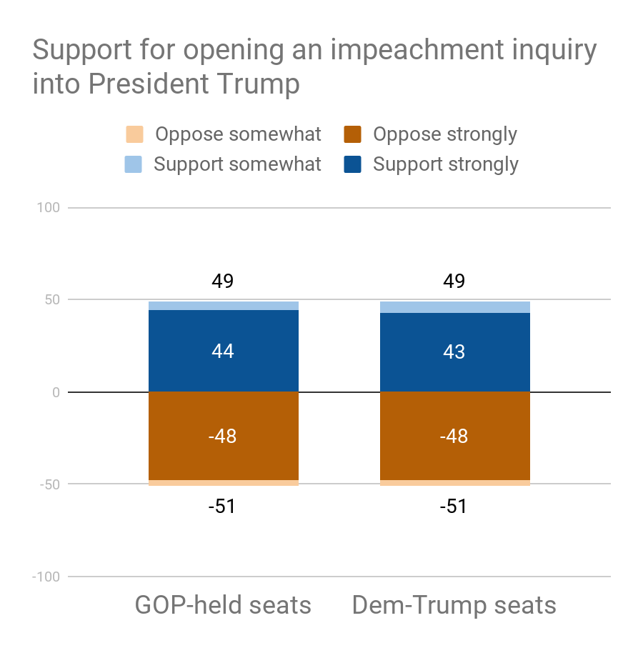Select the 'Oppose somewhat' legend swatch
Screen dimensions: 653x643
point(134,134)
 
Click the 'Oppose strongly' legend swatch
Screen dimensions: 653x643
point(353,134)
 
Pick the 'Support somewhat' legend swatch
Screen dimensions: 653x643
point(134,164)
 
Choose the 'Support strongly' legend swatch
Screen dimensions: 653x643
point(353,164)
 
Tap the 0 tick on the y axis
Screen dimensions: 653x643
point(55,392)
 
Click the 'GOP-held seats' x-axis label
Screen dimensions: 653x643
point(223,605)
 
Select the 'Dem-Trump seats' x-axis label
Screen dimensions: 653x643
point(454,605)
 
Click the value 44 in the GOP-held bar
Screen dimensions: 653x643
point(223,352)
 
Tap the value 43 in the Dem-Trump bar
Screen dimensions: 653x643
point(454,352)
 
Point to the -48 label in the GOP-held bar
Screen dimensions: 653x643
point(223,437)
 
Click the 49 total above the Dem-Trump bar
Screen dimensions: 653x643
point(454,281)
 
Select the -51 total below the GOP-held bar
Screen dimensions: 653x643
point(223,507)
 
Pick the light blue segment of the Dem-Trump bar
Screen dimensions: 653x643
point(454,307)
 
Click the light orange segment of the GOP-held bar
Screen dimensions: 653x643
point(223,483)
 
